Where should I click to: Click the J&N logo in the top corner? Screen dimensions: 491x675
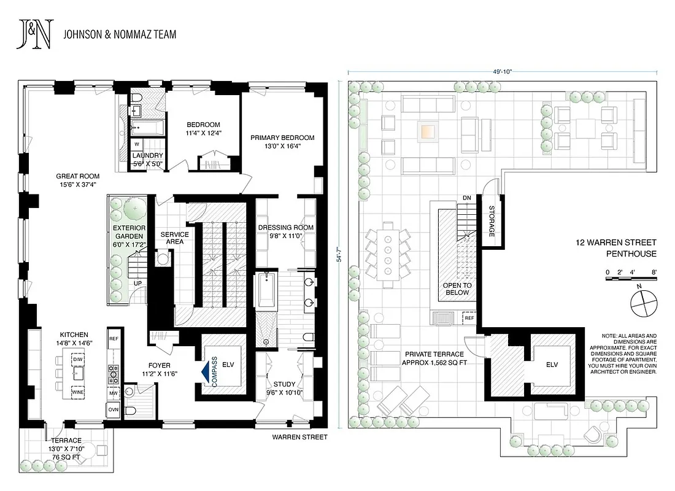[36, 34]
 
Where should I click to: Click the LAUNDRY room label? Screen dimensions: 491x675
[147, 160]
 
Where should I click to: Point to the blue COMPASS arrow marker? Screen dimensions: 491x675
[206, 372]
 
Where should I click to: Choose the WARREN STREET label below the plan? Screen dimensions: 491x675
[301, 438]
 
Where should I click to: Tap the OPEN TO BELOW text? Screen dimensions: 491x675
[458, 289]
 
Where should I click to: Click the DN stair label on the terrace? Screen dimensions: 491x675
[466, 197]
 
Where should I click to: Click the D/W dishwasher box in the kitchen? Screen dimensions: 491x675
[78, 359]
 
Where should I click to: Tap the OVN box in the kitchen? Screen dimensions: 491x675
[114, 409]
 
